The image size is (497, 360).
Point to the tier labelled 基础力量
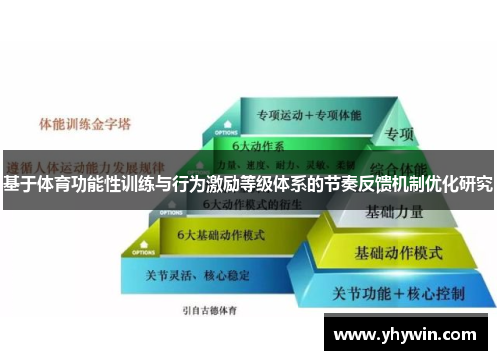[395, 212]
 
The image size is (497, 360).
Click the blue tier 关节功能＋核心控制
[397, 294]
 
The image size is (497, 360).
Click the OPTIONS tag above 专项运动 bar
[225, 131]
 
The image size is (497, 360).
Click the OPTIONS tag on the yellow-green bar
[170, 212]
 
